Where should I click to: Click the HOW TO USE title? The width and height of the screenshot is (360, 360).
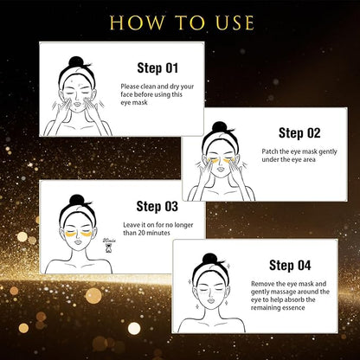point(179,21)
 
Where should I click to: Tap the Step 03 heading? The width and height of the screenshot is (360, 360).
point(157,206)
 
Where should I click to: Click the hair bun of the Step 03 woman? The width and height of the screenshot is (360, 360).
point(77,200)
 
